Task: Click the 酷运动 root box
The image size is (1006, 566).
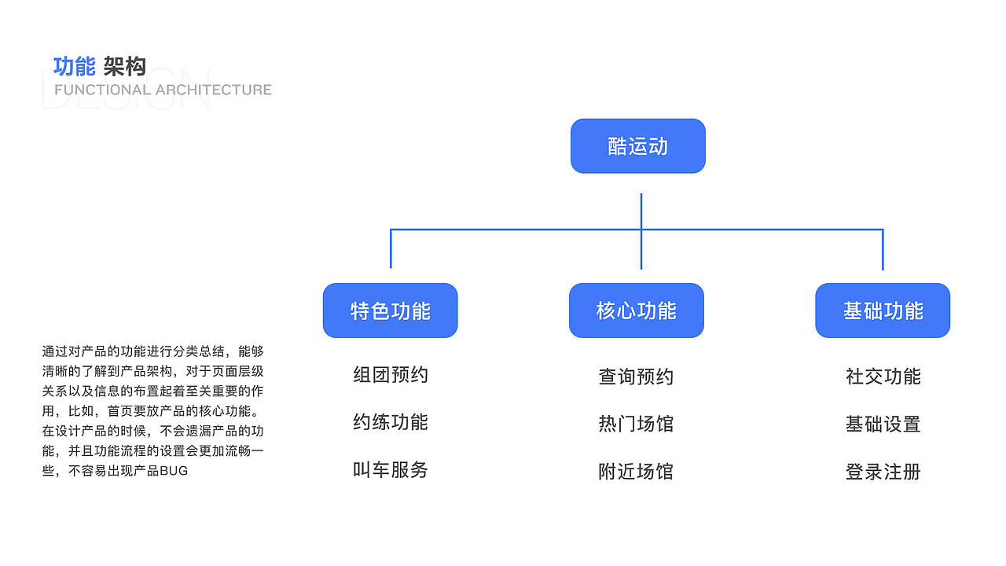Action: pyautogui.click(x=637, y=146)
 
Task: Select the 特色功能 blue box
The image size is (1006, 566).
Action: pyautogui.click(x=390, y=311)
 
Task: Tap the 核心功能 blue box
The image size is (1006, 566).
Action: pyautogui.click(x=636, y=311)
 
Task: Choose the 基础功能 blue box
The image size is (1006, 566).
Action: pyautogui.click(x=883, y=311)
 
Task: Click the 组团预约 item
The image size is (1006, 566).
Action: pyautogui.click(x=391, y=375)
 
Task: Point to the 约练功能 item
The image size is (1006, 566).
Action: pyautogui.click(x=391, y=422)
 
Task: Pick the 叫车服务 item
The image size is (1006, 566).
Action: pyautogui.click(x=391, y=470)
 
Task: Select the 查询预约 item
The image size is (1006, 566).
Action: pyautogui.click(x=636, y=377)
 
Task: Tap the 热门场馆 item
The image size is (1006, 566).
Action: pyautogui.click(x=636, y=424)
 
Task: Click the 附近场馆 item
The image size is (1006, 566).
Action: pyautogui.click(x=636, y=472)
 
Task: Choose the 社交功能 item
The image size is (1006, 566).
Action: pyautogui.click(x=883, y=377)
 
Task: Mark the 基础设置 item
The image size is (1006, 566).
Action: pyautogui.click(x=883, y=424)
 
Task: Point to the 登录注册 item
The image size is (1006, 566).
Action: pyautogui.click(x=883, y=472)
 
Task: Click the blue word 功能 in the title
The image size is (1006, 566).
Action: pyautogui.click(x=74, y=67)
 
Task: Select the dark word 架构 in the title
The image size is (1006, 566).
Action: pyautogui.click(x=125, y=67)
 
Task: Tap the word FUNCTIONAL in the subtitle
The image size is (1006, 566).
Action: pyautogui.click(x=102, y=90)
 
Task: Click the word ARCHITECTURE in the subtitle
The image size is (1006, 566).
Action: pyautogui.click(x=213, y=90)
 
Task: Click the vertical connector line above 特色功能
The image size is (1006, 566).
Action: pyautogui.click(x=391, y=249)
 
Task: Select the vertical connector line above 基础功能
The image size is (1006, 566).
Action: pyautogui.click(x=883, y=250)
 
